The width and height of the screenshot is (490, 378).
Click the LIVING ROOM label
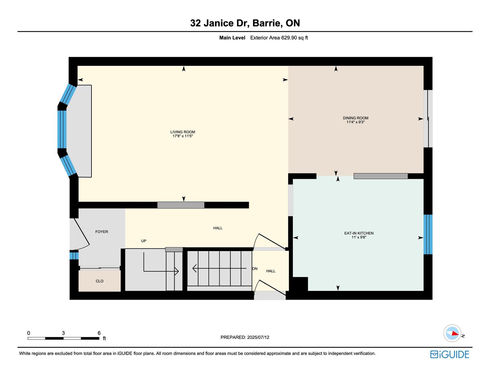point(183,132)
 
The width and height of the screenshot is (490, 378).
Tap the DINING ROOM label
point(356,118)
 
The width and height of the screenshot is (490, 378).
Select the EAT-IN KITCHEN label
point(359,233)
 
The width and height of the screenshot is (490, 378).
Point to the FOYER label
point(102,232)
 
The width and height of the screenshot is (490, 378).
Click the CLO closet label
point(99,281)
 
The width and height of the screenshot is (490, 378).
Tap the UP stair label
point(144,241)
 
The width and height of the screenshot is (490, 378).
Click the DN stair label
point(255,269)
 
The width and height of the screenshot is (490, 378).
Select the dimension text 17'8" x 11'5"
point(183,136)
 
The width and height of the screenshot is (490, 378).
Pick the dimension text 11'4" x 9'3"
point(356,122)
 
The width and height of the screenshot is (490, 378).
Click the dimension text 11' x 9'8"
point(359,237)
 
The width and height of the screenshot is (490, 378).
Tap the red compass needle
point(455,334)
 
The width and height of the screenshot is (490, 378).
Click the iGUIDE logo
point(450,355)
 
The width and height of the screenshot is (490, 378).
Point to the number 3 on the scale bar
point(63,333)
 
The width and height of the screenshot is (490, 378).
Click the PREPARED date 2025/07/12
point(258,337)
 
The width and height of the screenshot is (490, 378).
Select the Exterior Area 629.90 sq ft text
point(279,38)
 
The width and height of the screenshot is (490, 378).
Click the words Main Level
point(232,38)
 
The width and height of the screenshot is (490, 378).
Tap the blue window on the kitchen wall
point(428,234)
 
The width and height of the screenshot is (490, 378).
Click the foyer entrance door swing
point(82,234)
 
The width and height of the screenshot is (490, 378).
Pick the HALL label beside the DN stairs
point(271,271)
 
